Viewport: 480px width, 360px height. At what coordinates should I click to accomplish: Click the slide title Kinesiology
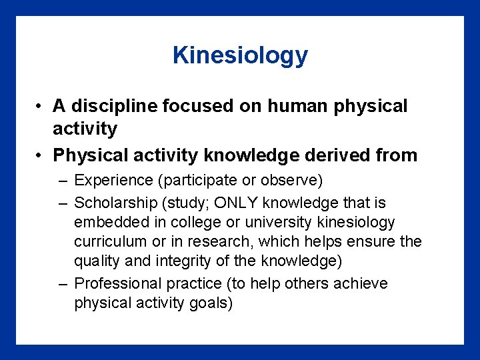pos(240,55)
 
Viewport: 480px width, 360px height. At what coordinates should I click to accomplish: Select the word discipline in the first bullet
pos(111,106)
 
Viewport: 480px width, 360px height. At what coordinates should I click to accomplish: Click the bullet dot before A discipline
pos(41,107)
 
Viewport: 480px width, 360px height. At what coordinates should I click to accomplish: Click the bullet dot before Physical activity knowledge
pos(41,156)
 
